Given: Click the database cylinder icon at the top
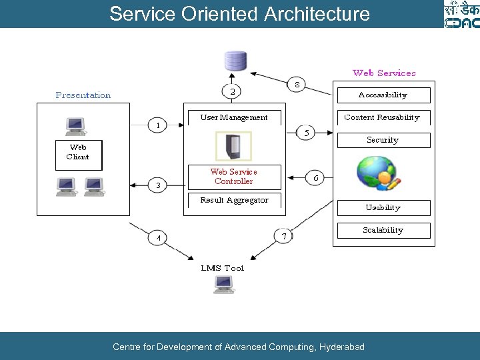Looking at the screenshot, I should (235, 61).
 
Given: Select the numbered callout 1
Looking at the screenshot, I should (157, 125).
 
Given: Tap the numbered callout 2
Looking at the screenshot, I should (231, 92).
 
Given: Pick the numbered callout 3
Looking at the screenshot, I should (157, 185).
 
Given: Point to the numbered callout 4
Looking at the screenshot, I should (158, 237).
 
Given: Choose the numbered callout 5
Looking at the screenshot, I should (306, 133).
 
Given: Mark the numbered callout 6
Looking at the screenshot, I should (315, 178).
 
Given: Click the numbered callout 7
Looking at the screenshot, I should (283, 236).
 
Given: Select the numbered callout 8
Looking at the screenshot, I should (297, 85).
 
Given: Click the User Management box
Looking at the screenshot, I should (234, 117).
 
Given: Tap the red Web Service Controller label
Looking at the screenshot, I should (234, 177).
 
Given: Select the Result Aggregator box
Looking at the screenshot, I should (234, 200).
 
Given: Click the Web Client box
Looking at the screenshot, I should (77, 153).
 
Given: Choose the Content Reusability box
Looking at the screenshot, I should (382, 117).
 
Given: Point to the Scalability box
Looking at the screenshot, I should (383, 230).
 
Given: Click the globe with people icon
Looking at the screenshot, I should (378, 173).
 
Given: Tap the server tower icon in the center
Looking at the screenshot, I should (233, 145).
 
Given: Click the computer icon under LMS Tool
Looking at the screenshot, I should (223, 285).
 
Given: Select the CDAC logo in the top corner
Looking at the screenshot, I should (461, 14).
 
